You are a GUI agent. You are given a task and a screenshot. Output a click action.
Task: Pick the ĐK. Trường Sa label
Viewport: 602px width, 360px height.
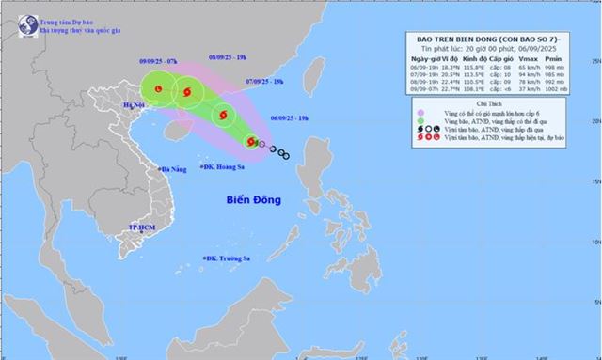tap(230, 258)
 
